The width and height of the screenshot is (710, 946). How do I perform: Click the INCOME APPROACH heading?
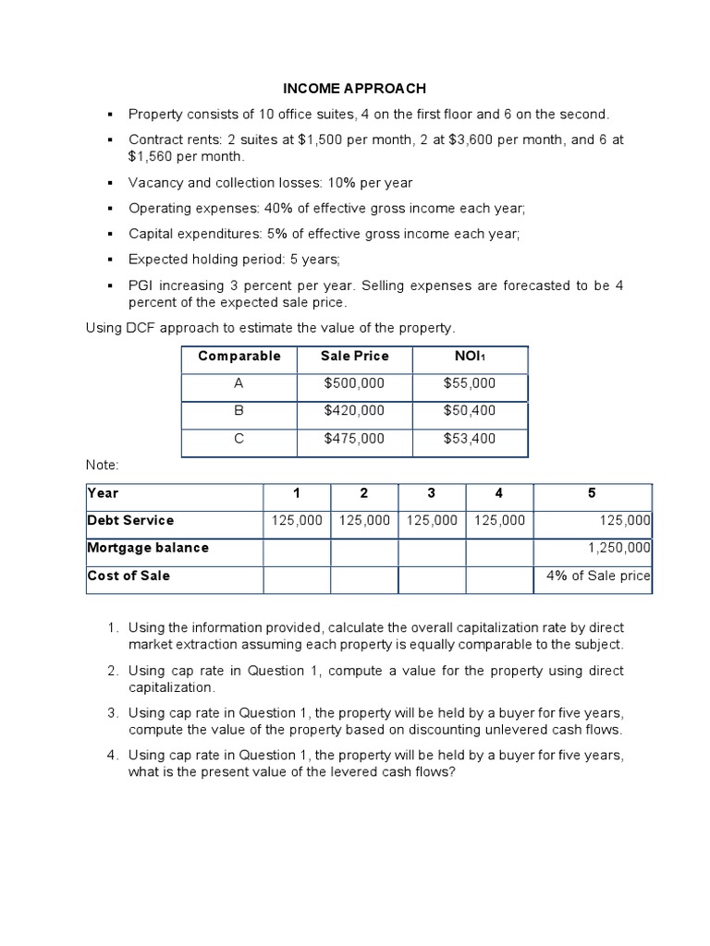(354, 89)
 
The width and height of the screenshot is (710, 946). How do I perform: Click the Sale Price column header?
(354, 357)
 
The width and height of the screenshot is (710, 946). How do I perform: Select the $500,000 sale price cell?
(354, 383)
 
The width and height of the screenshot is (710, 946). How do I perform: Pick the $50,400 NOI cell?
(470, 411)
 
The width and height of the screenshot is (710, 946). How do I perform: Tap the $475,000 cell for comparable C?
(354, 440)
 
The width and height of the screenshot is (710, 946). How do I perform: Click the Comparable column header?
(239, 357)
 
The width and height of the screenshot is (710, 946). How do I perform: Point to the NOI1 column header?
(470, 357)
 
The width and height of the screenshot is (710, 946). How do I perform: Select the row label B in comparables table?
(239, 411)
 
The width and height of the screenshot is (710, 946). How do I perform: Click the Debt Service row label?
(130, 520)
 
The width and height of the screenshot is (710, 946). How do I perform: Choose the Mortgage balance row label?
(148, 548)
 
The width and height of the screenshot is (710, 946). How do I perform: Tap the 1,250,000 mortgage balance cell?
(619, 548)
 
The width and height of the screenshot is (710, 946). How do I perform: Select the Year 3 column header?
(431, 493)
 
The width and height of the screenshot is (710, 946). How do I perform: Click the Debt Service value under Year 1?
(297, 520)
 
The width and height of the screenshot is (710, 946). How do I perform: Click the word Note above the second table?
(102, 465)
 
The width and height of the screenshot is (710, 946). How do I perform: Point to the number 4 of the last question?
(111, 756)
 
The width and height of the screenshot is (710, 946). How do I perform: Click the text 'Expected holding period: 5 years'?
(235, 260)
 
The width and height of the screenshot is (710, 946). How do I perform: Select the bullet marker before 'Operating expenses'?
(109, 209)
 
